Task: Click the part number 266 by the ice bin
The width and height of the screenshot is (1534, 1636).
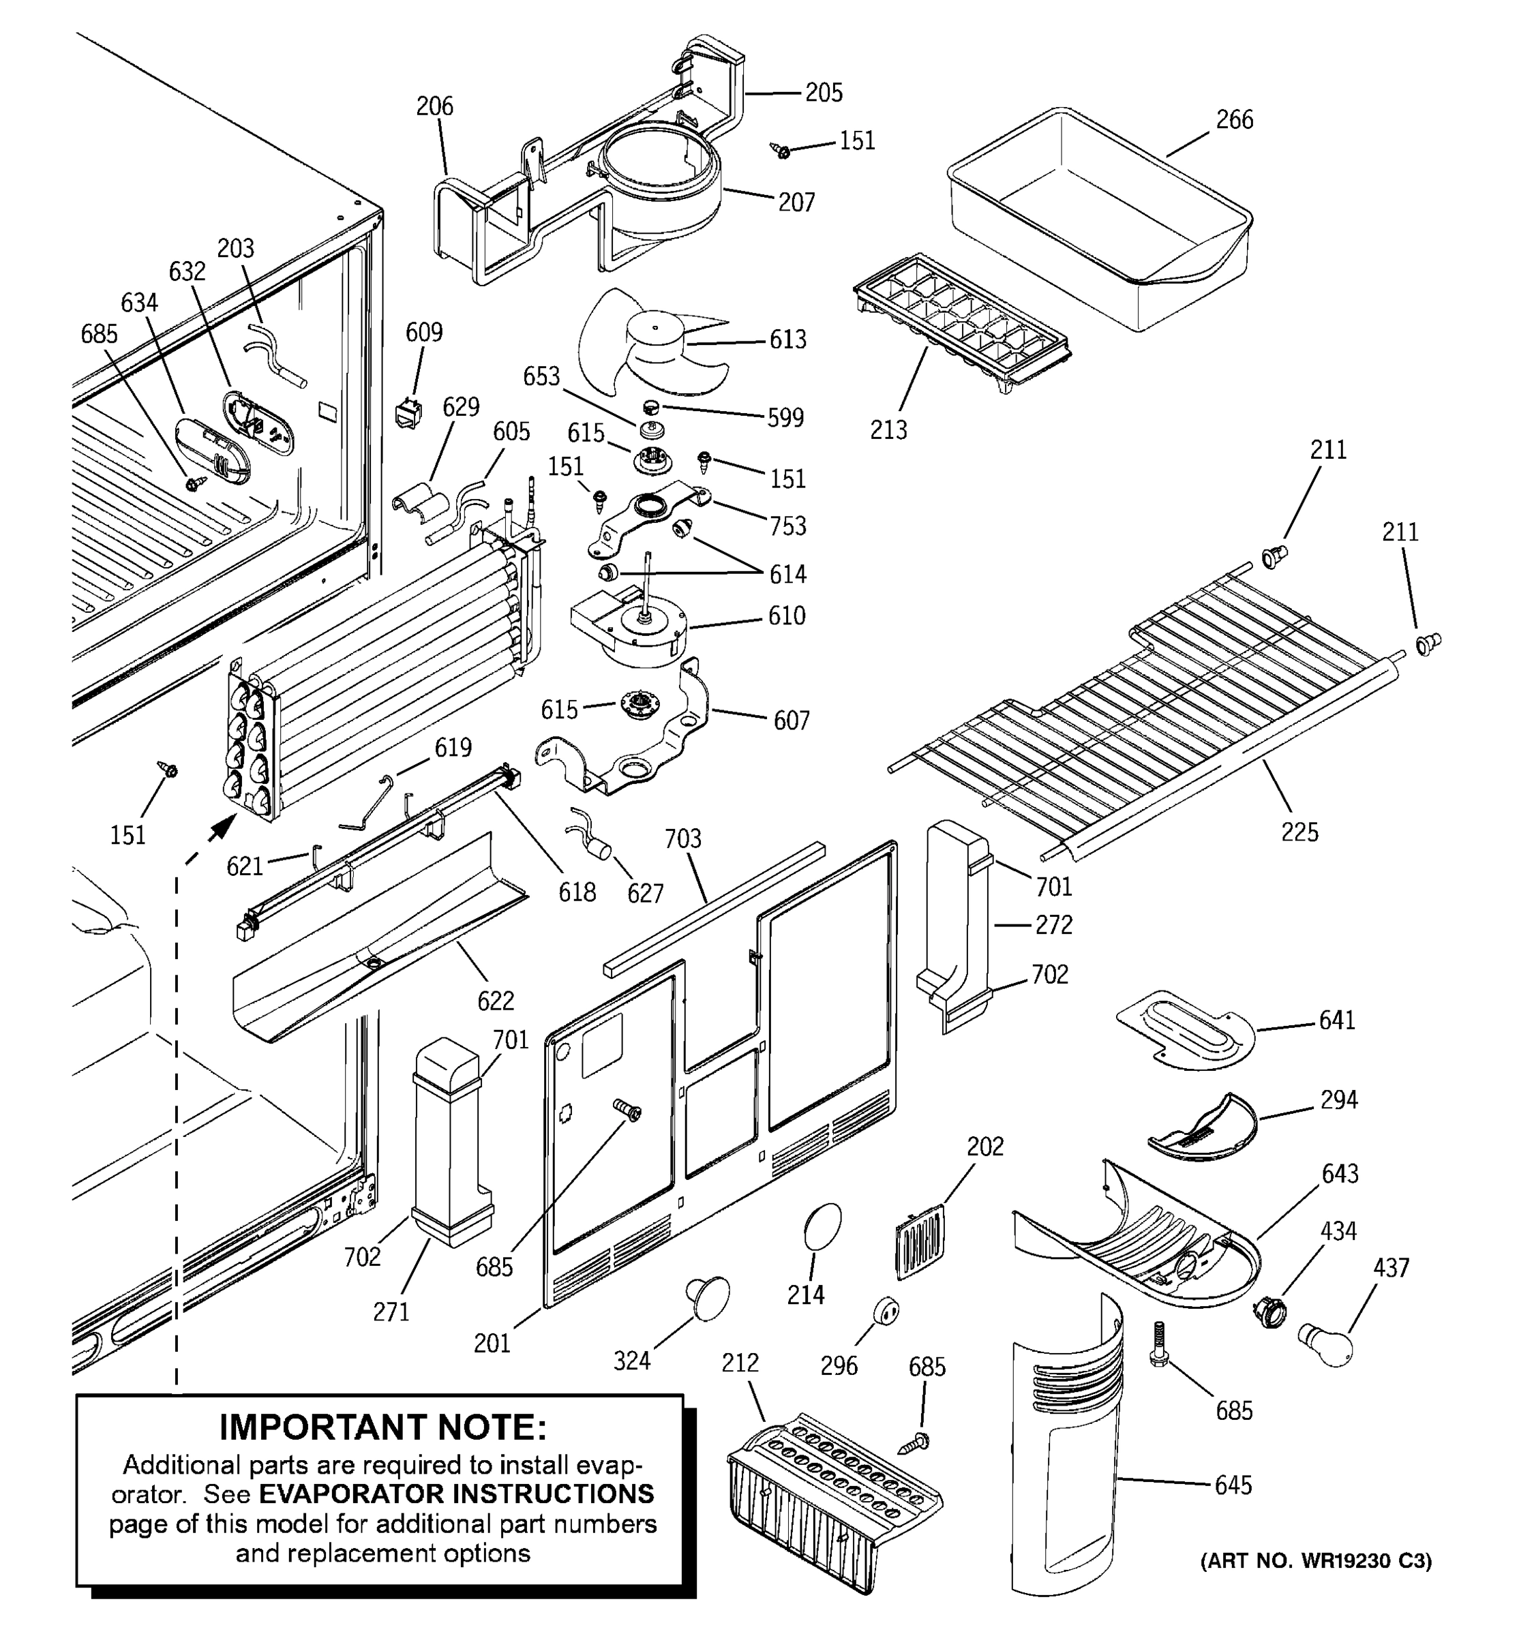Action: coord(1235,120)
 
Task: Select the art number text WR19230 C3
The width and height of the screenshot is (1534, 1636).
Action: coord(1316,1561)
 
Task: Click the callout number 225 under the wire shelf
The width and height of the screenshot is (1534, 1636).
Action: coord(1299,832)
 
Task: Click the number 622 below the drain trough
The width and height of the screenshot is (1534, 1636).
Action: coord(496,1000)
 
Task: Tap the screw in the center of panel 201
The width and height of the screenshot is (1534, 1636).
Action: coord(628,1110)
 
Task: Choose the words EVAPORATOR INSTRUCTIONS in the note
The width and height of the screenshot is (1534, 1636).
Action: coord(456,1493)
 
